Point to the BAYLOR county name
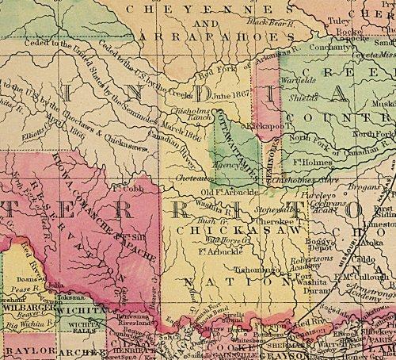(x=20, y=350)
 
